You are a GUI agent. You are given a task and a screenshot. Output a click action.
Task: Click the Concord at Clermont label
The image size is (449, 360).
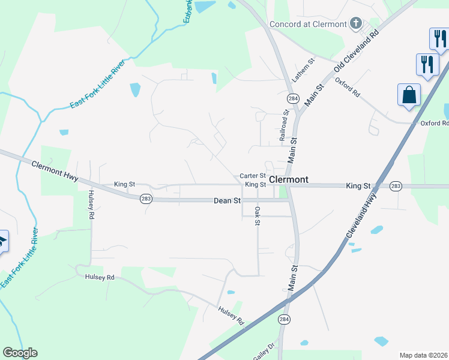308,24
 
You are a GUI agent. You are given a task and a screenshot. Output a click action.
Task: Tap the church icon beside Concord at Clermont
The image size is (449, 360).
356,24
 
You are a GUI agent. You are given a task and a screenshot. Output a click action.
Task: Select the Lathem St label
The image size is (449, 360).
303,70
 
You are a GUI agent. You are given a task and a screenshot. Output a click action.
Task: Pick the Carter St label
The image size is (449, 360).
253,176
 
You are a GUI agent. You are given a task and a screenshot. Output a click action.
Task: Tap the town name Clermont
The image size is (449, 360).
289,179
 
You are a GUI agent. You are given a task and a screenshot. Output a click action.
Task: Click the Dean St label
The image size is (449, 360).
227,200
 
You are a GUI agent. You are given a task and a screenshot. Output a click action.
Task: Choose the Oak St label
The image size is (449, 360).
257,217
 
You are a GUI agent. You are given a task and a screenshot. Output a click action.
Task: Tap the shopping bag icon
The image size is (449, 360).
409,95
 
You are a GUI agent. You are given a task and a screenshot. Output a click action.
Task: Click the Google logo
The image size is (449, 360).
20,353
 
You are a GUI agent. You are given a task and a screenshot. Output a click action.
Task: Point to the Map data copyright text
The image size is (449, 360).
424,355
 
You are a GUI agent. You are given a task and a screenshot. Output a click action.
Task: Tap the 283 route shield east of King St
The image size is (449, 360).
395,186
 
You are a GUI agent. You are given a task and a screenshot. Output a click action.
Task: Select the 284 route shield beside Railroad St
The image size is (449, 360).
293,98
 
